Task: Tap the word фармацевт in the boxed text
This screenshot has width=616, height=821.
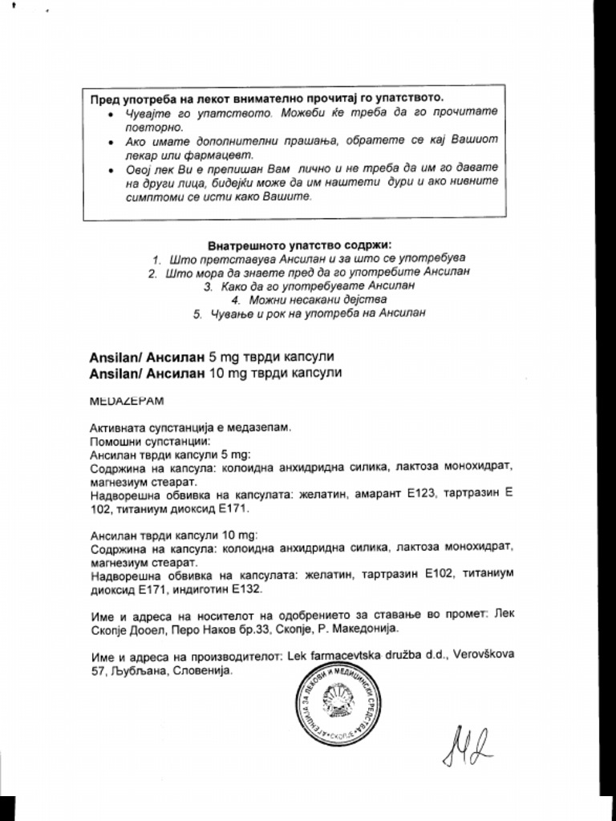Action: [220, 154]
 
